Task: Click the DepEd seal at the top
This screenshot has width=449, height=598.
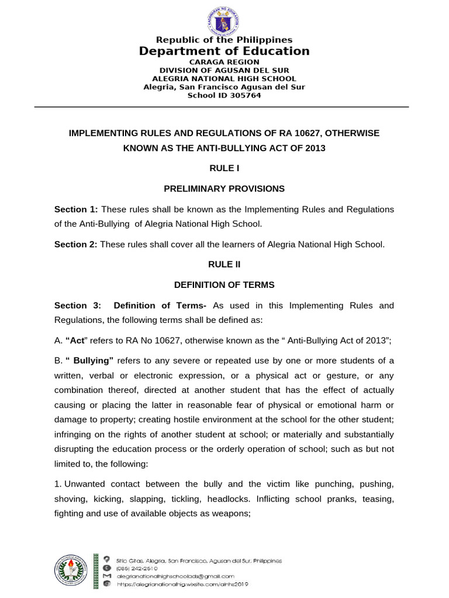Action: tap(224, 21)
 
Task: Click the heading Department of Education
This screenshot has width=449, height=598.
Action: tap(224, 51)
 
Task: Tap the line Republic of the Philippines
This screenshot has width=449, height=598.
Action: tap(224, 40)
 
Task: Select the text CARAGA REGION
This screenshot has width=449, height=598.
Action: tap(224, 62)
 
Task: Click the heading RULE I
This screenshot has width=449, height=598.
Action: tap(224, 168)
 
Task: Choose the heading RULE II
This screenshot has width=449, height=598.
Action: tap(224, 265)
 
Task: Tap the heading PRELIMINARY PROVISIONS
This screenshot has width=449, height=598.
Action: tap(224, 189)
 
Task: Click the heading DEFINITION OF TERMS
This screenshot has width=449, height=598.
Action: tap(224, 285)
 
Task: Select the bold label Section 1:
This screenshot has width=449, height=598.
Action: tap(77, 210)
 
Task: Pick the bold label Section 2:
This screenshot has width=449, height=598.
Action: tap(76, 245)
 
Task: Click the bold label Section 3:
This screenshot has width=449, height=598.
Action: tap(77, 306)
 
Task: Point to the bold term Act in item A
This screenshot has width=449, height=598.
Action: tap(78, 341)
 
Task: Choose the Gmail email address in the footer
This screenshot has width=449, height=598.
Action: tap(171, 576)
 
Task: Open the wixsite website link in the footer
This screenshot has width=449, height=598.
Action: tap(183, 583)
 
